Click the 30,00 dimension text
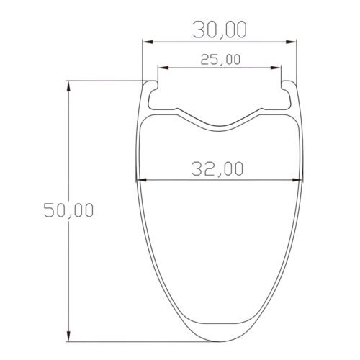tap(220, 30)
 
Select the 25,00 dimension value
tap(220, 59)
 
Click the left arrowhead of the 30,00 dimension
tap(146, 42)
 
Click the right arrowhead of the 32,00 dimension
tap(300, 179)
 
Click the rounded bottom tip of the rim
tap(220, 340)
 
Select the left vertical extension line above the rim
tap(142, 61)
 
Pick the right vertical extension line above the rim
tap(297, 61)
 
